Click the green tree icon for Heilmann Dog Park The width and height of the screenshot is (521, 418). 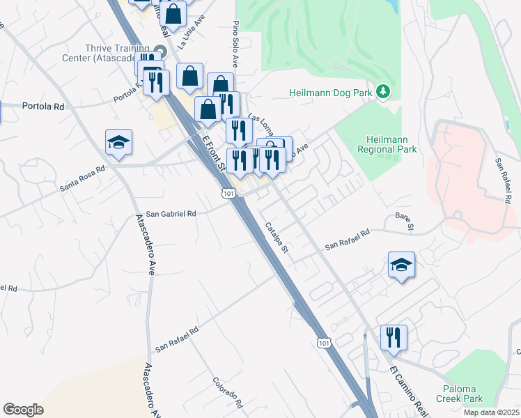382,92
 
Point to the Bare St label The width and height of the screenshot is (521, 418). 405,222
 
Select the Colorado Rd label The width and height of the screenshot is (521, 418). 228,393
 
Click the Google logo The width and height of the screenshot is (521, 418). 23,410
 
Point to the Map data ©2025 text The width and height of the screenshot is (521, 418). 492,412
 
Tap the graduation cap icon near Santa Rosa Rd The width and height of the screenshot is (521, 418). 119,143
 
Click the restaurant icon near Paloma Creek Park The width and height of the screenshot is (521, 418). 394,338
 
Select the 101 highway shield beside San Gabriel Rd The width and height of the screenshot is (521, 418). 228,192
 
